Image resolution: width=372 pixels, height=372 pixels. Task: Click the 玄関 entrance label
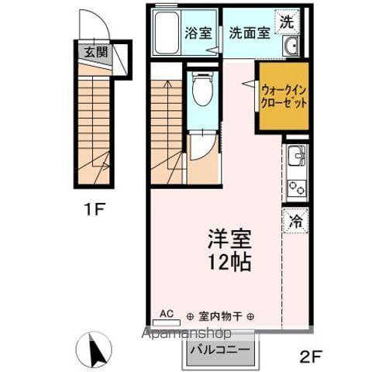pyautogui.click(x=96, y=53)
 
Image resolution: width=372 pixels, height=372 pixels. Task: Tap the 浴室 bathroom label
pyautogui.click(x=198, y=33)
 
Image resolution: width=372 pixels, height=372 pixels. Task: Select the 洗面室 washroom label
pyautogui.click(x=249, y=33)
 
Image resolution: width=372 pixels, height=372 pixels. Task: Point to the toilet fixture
pyautogui.click(x=201, y=91)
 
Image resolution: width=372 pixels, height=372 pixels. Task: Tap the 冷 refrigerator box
pyautogui.click(x=296, y=220)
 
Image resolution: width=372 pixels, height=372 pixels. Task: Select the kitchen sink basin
pyautogui.click(x=295, y=158)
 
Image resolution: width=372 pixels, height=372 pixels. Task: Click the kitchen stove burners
pyautogui.click(x=295, y=187)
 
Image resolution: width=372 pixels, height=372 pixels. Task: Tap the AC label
pyautogui.click(x=166, y=313)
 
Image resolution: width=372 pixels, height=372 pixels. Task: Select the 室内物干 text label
pyautogui.click(x=221, y=316)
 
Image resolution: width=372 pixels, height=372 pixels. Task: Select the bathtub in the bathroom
pyautogui.click(x=167, y=34)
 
